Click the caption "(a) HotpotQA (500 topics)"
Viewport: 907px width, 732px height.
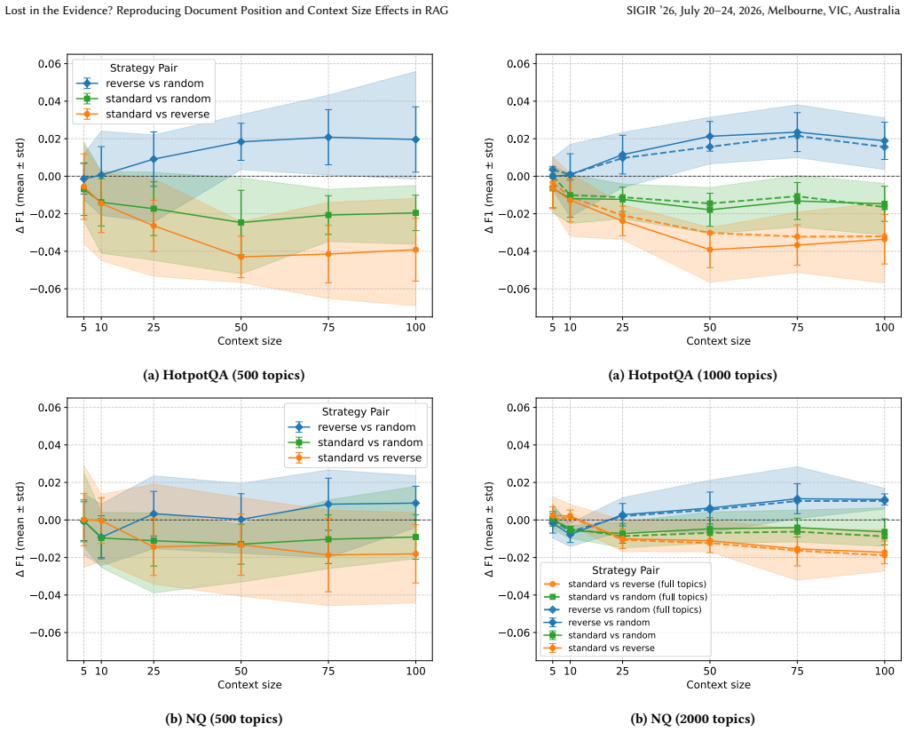(224, 375)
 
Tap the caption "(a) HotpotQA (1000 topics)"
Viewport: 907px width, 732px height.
(692, 375)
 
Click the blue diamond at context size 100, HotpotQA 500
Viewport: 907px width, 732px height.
(415, 139)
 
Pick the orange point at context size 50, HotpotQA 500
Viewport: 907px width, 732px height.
(241, 257)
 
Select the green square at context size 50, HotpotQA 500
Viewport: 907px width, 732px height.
(241, 222)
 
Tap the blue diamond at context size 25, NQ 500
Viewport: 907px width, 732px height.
(154, 513)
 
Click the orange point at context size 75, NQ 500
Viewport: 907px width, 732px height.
(328, 555)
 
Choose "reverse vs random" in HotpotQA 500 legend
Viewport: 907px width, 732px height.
(154, 84)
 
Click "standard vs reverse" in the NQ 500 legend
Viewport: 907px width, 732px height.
(369, 458)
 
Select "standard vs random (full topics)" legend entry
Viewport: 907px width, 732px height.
(637, 596)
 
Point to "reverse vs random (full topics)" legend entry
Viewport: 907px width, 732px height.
(635, 609)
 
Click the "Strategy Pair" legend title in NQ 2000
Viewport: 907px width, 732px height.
(626, 570)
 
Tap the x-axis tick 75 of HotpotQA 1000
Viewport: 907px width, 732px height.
(797, 328)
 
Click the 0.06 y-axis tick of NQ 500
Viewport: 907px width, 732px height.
(49, 408)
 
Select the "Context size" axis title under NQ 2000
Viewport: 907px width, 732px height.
(719, 685)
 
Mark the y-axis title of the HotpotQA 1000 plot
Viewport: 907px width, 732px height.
(489, 186)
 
